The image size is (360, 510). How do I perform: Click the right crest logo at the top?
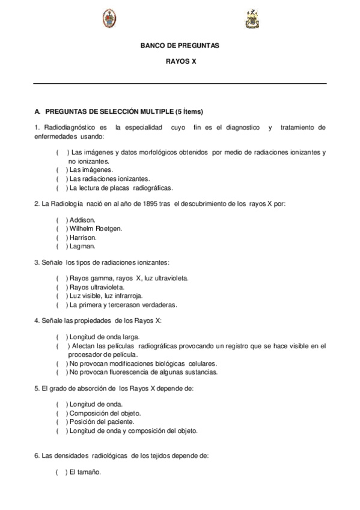point(251,20)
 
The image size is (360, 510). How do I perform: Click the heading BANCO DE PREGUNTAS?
point(180,46)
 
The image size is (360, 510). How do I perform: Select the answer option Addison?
point(82,220)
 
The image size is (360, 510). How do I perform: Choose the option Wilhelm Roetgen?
point(96,229)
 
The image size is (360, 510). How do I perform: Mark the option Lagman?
point(82,246)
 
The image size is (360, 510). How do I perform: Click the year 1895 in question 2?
point(147,203)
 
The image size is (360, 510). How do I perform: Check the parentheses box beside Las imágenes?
point(61,170)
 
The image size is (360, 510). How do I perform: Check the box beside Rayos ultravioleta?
point(61,287)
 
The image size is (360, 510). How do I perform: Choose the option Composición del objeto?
point(105,413)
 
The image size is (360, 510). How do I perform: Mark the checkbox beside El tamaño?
point(61,472)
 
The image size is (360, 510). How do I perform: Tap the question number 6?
point(37,456)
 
